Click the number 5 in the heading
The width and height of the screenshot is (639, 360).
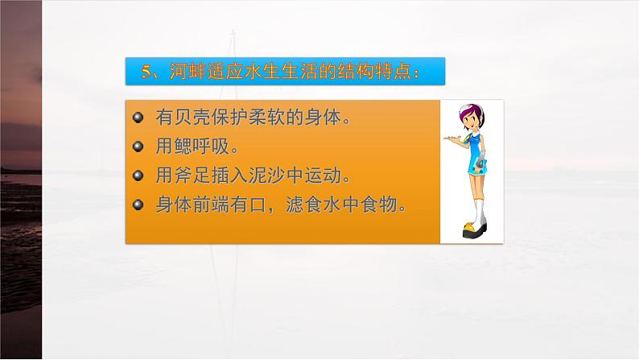(146, 72)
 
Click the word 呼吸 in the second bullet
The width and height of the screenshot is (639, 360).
(211, 147)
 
